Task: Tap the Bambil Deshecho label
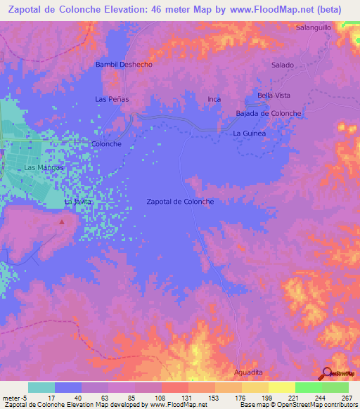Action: click(124, 65)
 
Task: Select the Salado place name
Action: click(282, 65)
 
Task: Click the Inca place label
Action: click(214, 99)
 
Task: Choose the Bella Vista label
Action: click(274, 96)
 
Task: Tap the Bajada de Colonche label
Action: click(269, 113)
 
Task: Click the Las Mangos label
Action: click(44, 169)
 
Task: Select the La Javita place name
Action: click(78, 202)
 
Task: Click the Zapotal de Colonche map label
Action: click(180, 202)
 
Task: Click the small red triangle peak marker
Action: click(62, 222)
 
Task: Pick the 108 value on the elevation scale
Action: click(160, 398)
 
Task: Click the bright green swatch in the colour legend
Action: click(308, 387)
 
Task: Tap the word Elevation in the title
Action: click(132, 9)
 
